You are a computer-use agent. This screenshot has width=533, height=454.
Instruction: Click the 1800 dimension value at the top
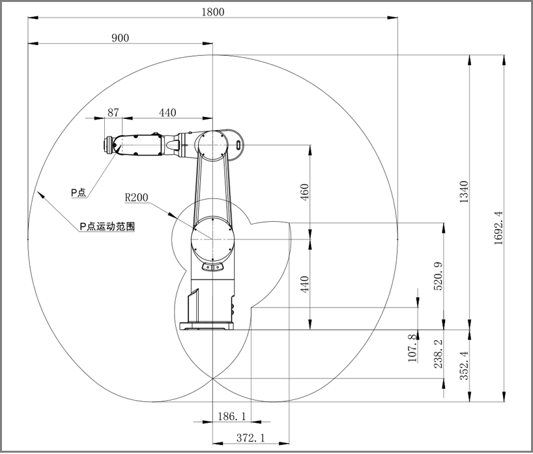pyautogui.click(x=213, y=11)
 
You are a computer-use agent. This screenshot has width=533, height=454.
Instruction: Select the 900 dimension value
pyautogui.click(x=120, y=38)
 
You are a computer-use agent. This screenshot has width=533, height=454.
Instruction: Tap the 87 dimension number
pyautogui.click(x=113, y=113)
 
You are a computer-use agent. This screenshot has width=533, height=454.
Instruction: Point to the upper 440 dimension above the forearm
pyautogui.click(x=167, y=113)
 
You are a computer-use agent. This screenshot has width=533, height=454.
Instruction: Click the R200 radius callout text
pyautogui.click(x=136, y=197)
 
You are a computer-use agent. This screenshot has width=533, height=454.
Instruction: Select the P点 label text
pyautogui.click(x=78, y=193)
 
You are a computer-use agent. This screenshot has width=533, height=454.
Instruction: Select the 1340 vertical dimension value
pyautogui.click(x=463, y=193)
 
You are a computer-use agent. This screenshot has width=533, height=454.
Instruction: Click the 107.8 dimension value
pyautogui.click(x=411, y=348)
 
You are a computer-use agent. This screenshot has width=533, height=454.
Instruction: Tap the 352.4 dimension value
pyautogui.click(x=463, y=367)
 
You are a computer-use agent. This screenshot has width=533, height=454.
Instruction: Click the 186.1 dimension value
pyautogui.click(x=231, y=415)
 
